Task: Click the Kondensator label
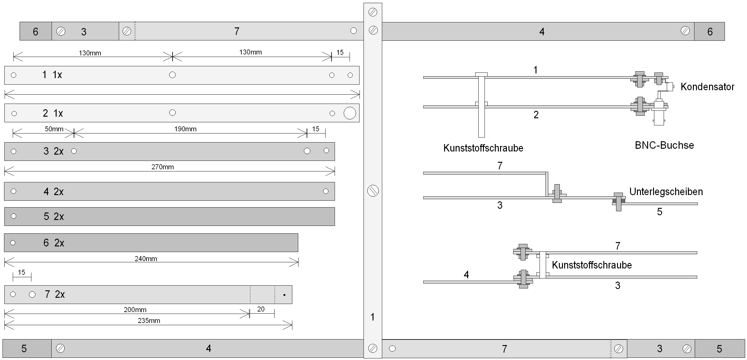point(707,87)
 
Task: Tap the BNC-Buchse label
point(664,145)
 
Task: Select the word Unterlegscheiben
point(666,192)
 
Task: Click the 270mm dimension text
point(162,167)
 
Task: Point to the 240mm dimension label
point(146,259)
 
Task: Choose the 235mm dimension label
point(149,321)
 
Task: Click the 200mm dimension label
point(135,310)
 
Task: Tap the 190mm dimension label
point(185,129)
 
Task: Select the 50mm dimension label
point(54,129)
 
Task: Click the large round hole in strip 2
point(350,113)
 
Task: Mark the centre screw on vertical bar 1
point(373,191)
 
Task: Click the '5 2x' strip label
point(53,217)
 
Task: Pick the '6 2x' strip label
point(53,243)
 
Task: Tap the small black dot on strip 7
point(284,295)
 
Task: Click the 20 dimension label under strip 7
point(261,309)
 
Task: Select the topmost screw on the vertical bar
point(373,12)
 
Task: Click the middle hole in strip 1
point(172,75)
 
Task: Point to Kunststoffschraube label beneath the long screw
point(483,148)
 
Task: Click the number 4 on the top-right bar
point(542,32)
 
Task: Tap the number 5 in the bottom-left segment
point(24,349)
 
